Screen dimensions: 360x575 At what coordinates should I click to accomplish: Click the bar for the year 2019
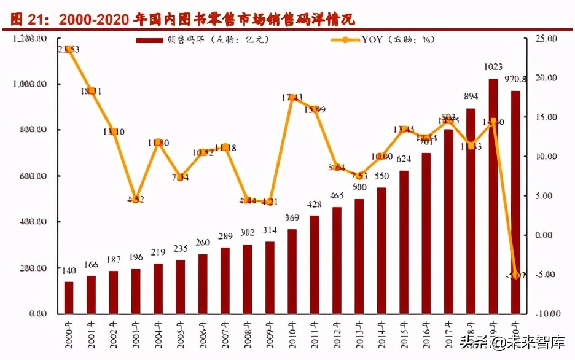(493, 197)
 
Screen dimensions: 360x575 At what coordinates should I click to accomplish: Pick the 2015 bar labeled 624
(404, 242)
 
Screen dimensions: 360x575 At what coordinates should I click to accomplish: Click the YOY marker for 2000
(69, 49)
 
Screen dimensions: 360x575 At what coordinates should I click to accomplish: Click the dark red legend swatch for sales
(150, 40)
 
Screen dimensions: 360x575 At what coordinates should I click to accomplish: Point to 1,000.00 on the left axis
(29, 84)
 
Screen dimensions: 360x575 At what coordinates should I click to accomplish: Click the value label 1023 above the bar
(493, 67)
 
